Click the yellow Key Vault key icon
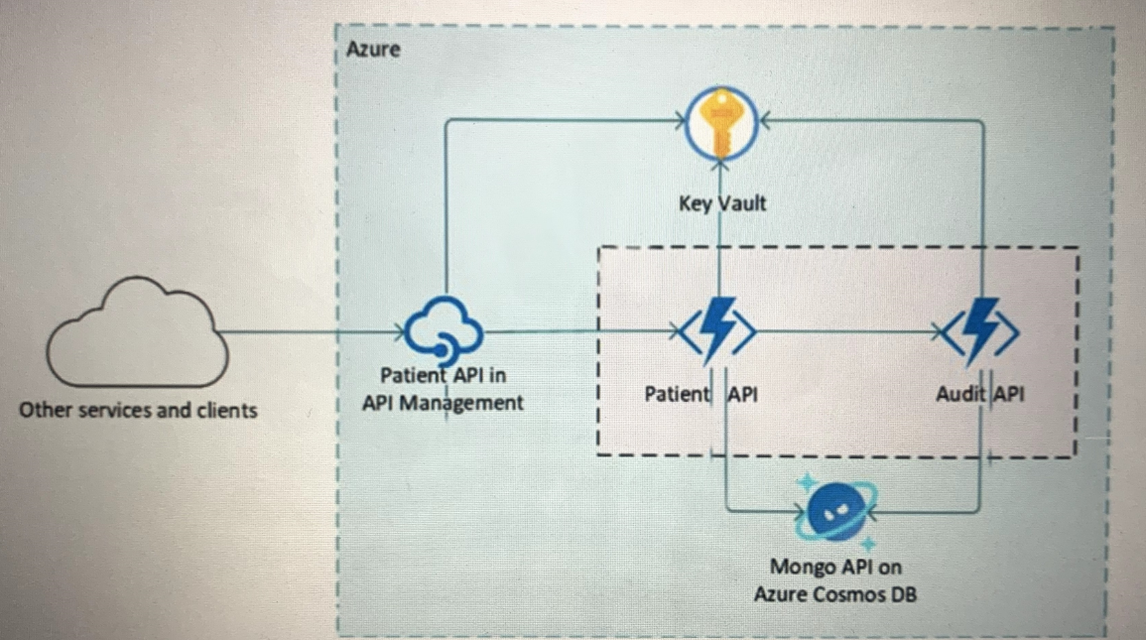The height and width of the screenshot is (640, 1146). pos(721,123)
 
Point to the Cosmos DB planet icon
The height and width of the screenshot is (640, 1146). pos(836,512)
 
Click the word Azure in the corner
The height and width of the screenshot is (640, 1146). pos(373,50)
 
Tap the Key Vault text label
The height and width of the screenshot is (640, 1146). pos(722,202)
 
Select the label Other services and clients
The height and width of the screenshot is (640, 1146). pos(138,410)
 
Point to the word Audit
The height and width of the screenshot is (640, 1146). pos(961,394)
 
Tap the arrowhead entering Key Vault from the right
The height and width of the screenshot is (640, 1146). pos(764,120)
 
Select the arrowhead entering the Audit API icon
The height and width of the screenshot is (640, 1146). pos(938,332)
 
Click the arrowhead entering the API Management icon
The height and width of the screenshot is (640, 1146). pos(399,332)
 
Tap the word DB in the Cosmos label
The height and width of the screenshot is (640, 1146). pos(903,594)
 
